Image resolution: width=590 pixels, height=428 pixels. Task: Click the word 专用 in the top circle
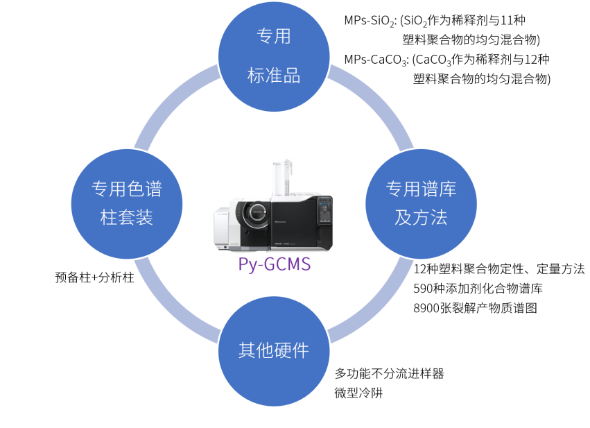click(x=274, y=37)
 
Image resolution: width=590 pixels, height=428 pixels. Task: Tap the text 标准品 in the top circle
click(x=274, y=76)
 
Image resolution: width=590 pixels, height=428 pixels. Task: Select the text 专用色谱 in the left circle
click(x=127, y=189)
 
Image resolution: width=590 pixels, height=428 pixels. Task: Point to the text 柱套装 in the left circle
click(x=127, y=218)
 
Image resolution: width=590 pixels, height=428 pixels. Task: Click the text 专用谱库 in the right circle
click(x=421, y=189)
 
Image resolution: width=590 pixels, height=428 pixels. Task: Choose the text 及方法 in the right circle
click(x=421, y=218)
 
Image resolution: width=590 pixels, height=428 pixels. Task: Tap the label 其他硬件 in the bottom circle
click(x=274, y=350)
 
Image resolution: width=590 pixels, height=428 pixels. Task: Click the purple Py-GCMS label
click(x=274, y=264)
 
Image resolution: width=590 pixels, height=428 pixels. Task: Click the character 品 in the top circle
click(x=292, y=76)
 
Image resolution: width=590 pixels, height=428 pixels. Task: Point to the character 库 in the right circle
click(x=447, y=189)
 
